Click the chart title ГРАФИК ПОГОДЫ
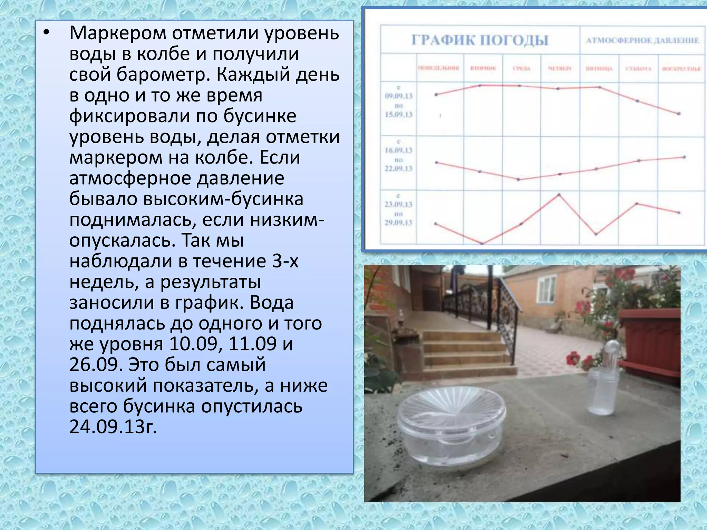tap(480, 40)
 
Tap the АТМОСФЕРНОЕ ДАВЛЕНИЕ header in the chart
tap(642, 40)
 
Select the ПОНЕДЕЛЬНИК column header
tap(439, 68)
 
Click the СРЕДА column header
tap(521, 68)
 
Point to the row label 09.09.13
tap(399, 96)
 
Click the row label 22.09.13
tap(399, 169)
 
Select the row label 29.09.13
tap(399, 223)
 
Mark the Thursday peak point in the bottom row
tap(559, 195)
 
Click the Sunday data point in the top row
tap(679, 114)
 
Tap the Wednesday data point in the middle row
tap(519, 179)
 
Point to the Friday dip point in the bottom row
tap(597, 234)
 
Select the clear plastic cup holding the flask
tap(602, 392)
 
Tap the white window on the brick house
tap(546, 289)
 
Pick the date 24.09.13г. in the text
tap(113, 427)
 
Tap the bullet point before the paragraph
tap(47, 33)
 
